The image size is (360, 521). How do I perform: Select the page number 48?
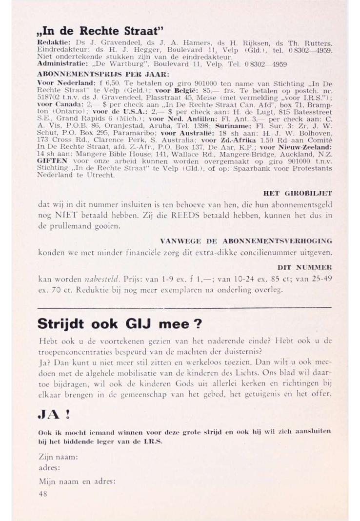pyautogui.click(x=43, y=493)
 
